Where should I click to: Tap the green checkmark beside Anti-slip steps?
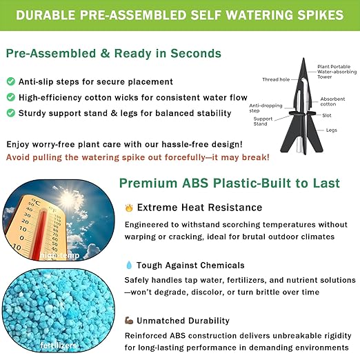10,82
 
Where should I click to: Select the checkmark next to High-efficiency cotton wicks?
10,98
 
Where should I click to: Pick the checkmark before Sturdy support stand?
10,113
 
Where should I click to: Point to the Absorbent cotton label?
332,101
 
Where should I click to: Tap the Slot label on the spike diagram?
327,116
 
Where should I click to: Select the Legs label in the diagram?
331,130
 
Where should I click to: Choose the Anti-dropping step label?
261,108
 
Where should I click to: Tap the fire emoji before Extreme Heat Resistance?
128,207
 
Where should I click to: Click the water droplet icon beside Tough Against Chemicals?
128,265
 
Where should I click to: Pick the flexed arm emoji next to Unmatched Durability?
129,321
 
